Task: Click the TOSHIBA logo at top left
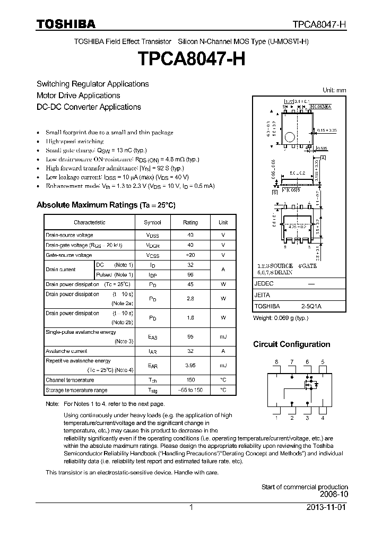[66, 24]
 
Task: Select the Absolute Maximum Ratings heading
[106, 205]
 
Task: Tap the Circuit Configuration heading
[291, 344]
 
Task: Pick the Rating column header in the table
[190, 222]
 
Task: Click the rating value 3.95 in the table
[190, 366]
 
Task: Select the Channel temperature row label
[70, 380]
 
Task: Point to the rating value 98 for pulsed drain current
[190, 274]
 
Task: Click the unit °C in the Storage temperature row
[223, 390]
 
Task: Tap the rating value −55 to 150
[190, 390]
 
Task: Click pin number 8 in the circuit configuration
[276, 362]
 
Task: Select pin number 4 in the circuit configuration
[323, 418]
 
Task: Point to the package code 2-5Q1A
[311, 306]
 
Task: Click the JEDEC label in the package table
[264, 284]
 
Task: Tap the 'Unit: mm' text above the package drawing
[334, 90]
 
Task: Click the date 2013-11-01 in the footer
[328, 507]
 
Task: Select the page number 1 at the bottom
[190, 507]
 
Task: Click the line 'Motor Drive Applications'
[78, 96]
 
